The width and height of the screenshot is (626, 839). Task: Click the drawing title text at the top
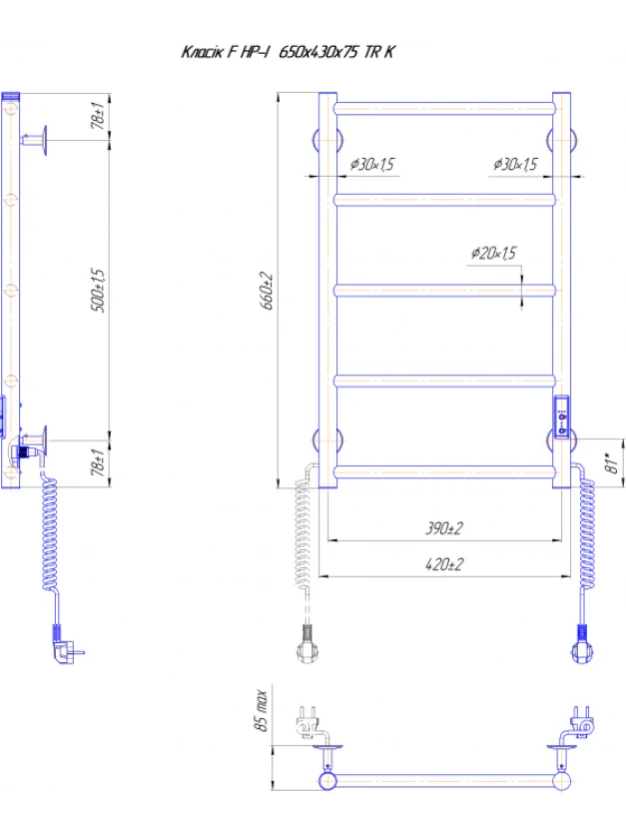(288, 52)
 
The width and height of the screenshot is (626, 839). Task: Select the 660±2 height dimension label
(267, 291)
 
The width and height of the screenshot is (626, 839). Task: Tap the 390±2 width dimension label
(444, 528)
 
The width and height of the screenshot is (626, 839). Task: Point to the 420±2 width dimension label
(444, 564)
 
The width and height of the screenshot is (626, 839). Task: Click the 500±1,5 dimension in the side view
(98, 291)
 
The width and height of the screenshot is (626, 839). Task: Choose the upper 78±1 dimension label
(98, 115)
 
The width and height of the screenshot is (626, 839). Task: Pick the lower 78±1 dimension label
(98, 462)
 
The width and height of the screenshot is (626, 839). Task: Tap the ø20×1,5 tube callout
(493, 253)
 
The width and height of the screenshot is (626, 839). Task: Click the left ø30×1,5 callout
(372, 164)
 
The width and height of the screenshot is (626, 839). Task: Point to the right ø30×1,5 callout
(515, 164)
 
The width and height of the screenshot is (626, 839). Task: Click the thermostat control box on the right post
(561, 418)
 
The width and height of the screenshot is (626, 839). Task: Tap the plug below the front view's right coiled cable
(583, 644)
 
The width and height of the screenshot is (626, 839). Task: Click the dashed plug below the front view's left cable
(308, 644)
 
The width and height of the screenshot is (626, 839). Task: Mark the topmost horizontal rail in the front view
(444, 109)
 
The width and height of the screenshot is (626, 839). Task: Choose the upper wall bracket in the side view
(35, 141)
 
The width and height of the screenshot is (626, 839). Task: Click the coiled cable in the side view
(50, 532)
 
